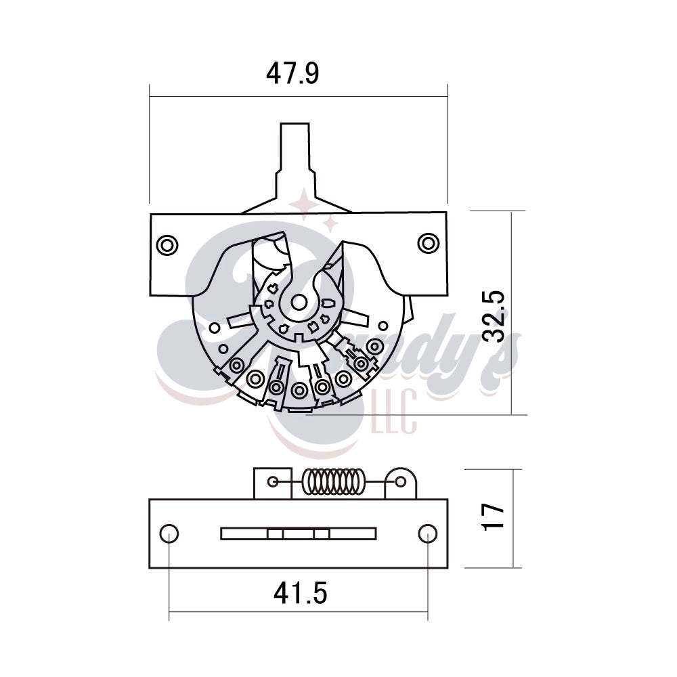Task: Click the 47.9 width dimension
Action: tap(292, 74)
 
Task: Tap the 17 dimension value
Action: tap(496, 517)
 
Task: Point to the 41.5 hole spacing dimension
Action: tap(300, 594)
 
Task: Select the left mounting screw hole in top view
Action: tap(166, 244)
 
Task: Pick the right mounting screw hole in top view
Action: tap(428, 242)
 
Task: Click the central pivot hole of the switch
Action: tap(299, 301)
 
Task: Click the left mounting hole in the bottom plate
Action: tap(169, 533)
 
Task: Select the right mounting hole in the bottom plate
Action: tap(427, 533)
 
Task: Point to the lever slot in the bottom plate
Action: tap(299, 533)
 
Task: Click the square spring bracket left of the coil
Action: tap(272, 482)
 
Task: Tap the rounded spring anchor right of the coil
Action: tap(401, 482)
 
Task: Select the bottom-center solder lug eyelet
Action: tap(299, 389)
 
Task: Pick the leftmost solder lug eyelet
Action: tap(237, 366)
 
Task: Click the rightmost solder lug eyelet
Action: tap(372, 347)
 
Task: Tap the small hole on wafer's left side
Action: tap(214, 328)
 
